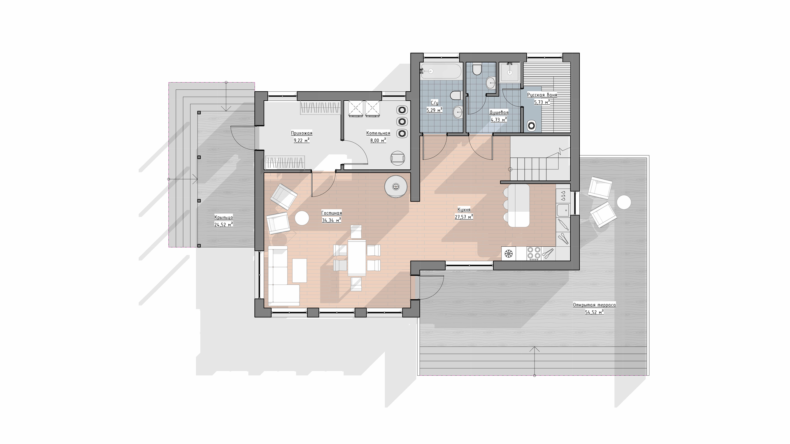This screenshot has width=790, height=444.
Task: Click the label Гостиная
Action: tap(331, 213)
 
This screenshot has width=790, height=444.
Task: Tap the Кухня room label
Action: tap(464, 210)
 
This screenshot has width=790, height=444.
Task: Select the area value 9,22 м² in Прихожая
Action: tap(302, 140)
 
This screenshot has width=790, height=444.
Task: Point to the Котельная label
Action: tap(378, 133)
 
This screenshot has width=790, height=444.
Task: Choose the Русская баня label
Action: tap(542, 95)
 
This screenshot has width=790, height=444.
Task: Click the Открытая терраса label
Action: tap(594, 305)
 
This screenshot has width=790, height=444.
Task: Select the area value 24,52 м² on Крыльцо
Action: tap(223, 224)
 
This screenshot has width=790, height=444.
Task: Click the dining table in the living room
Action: tap(357, 258)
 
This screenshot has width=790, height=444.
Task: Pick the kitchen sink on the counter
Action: tap(562, 210)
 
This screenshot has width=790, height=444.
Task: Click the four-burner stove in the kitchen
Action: tap(534, 253)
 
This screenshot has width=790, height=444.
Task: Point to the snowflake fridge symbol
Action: tap(509, 254)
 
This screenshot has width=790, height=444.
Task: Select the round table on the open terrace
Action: tap(624, 202)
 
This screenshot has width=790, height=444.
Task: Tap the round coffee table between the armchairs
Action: tap(302, 218)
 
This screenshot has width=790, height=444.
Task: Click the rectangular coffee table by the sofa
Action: tap(300, 270)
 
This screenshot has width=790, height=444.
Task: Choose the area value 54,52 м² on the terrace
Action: tap(594, 312)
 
